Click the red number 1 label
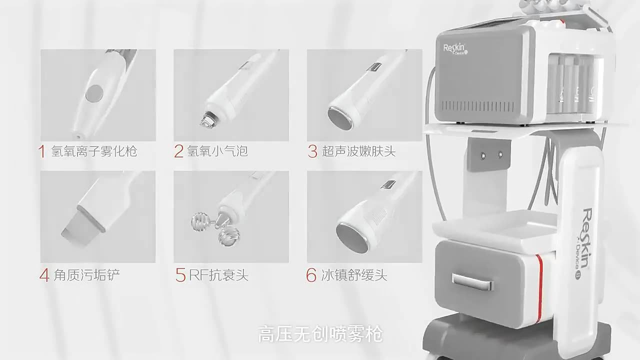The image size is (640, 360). point(42,151)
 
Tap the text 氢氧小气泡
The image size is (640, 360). point(217,151)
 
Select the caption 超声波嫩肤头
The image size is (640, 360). point(358,151)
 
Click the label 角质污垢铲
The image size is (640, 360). point(86,274)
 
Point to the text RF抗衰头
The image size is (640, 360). point(218,274)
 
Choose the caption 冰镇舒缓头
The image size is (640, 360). point(353,274)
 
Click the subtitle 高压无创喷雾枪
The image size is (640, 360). point(320,334)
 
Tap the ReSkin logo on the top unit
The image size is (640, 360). point(455,49)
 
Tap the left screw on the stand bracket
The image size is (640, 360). point(483,155)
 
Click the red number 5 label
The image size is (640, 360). point(180,274)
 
